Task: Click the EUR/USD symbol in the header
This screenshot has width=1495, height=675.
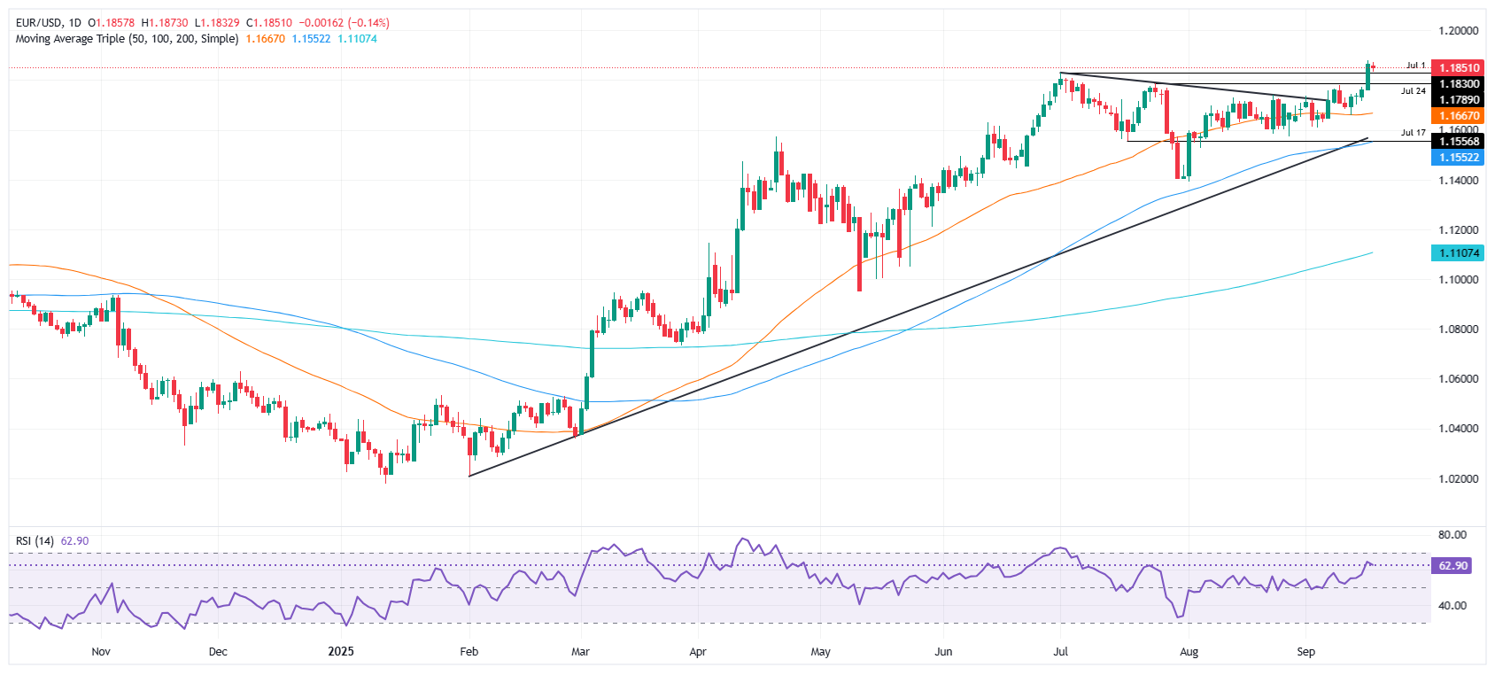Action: (x=39, y=23)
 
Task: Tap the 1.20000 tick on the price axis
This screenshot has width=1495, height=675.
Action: (x=1459, y=30)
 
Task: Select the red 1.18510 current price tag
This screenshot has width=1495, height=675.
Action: (x=1459, y=67)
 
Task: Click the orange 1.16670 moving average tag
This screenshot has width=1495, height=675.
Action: (x=1459, y=116)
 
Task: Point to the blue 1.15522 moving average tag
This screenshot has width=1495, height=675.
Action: (x=1459, y=158)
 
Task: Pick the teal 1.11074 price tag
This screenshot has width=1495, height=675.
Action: (x=1459, y=253)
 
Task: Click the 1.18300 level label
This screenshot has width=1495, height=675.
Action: (x=1459, y=84)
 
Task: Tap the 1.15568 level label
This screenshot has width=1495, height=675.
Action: (x=1459, y=142)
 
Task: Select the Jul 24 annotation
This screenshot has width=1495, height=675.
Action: (x=1414, y=91)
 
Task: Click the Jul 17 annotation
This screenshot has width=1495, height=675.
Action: (x=1414, y=133)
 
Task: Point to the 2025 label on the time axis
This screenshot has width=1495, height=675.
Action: (x=341, y=652)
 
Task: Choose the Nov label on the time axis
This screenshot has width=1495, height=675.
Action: (x=101, y=652)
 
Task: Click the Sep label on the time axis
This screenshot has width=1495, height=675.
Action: (x=1305, y=652)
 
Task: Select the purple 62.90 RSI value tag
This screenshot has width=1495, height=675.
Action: (x=1452, y=565)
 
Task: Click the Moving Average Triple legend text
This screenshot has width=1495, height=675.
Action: (x=127, y=39)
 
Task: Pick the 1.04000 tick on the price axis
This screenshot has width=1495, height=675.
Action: (x=1459, y=429)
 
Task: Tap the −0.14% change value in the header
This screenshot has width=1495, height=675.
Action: (x=371, y=23)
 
